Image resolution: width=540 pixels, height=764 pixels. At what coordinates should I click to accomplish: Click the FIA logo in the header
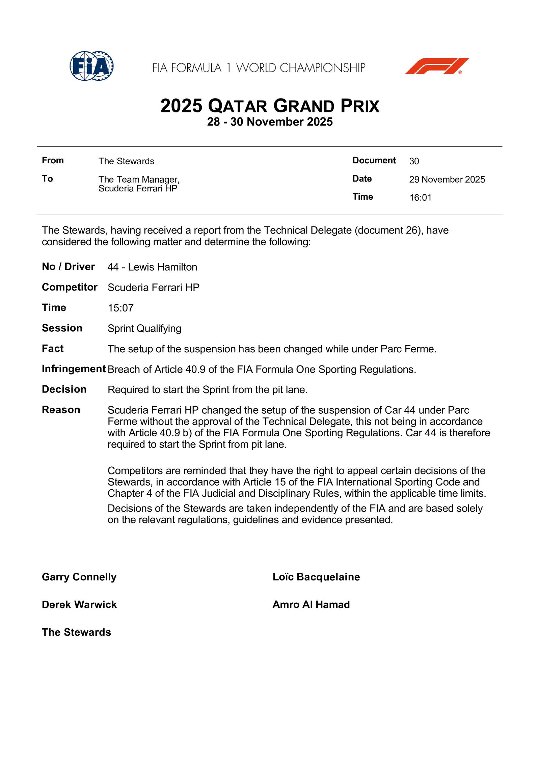(x=91, y=66)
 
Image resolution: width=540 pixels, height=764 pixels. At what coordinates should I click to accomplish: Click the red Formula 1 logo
(x=437, y=66)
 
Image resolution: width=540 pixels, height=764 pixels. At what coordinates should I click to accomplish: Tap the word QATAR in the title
(x=238, y=106)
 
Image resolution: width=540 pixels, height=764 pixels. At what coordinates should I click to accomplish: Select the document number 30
(x=414, y=161)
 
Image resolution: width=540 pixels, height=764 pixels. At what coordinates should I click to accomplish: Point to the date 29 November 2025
(x=447, y=180)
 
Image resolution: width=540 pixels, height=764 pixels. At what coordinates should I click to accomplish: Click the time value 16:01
(x=421, y=198)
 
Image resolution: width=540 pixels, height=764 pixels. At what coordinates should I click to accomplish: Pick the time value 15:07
(x=120, y=308)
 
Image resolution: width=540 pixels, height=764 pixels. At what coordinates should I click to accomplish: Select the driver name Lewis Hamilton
(x=162, y=267)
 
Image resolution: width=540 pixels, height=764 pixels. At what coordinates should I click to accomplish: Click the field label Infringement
(x=74, y=369)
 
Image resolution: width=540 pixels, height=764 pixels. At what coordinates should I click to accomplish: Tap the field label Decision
(x=64, y=389)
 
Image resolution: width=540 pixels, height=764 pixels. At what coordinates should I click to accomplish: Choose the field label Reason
(x=61, y=410)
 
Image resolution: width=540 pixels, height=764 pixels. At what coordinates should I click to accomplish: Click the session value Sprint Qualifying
(x=144, y=329)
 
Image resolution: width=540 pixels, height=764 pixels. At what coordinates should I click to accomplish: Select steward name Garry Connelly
(x=79, y=577)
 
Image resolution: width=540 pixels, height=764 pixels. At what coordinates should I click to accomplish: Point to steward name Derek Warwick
(x=79, y=605)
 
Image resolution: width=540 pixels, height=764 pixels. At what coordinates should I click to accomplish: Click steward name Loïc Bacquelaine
(x=316, y=577)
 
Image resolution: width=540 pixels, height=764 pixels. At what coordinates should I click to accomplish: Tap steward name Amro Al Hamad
(x=311, y=605)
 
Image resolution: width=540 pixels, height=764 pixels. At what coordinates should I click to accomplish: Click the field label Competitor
(x=70, y=287)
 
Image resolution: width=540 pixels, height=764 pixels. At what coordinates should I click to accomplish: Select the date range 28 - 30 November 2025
(x=270, y=122)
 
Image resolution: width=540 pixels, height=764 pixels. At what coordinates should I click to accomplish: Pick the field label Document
(x=374, y=161)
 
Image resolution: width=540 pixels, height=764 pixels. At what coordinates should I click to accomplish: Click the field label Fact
(x=53, y=349)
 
